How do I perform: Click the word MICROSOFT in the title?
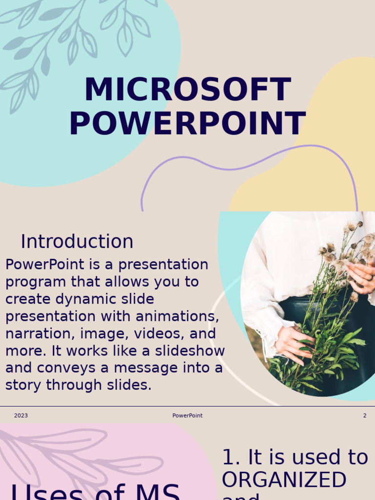(187, 90)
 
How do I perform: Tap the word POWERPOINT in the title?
(187, 124)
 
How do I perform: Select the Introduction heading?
(77, 242)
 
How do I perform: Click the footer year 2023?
(21, 416)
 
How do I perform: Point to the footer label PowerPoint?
(187, 416)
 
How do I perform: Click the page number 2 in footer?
(364, 416)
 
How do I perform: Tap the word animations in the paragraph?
(184, 316)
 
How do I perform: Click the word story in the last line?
(23, 385)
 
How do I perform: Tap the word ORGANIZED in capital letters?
(284, 480)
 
